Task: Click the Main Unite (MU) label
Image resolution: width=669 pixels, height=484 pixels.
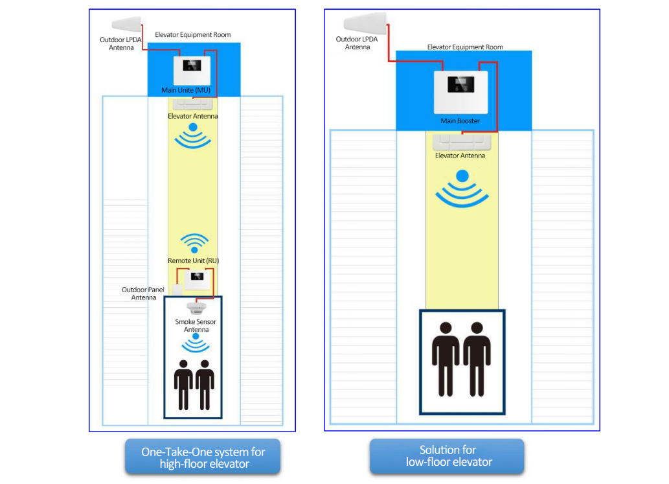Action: point(186,90)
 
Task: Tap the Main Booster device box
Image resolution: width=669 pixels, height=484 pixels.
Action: point(461,92)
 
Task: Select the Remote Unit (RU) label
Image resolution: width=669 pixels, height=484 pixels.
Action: point(193,260)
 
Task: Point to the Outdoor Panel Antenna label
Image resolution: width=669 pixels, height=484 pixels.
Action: point(143,294)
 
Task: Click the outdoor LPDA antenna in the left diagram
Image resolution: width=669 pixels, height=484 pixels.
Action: point(126,24)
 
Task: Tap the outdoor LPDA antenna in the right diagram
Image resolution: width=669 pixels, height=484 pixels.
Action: point(365,22)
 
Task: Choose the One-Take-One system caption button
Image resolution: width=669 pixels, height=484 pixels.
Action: point(203,457)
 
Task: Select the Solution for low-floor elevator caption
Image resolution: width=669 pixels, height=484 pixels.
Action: point(447,456)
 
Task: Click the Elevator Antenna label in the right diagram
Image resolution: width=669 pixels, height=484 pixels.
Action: point(460,156)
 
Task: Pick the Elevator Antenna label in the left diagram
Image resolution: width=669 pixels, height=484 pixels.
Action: point(193,116)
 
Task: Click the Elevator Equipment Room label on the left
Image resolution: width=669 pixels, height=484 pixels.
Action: point(193,34)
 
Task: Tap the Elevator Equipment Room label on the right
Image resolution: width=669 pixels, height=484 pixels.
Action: point(465,47)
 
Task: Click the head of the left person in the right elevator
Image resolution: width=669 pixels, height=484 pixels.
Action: point(446,328)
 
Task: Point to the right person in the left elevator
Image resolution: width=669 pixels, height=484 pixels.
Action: point(205,385)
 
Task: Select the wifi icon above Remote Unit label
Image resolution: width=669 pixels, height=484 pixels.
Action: point(194,243)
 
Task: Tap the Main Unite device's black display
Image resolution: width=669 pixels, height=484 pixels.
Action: point(192,65)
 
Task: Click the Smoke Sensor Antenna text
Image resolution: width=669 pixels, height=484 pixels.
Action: point(196,325)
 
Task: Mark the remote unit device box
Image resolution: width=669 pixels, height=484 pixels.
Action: point(197,280)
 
